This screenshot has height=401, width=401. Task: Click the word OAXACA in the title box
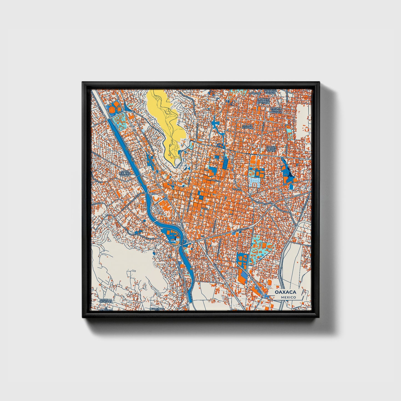[285, 292]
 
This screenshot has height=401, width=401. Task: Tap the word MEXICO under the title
[288, 297]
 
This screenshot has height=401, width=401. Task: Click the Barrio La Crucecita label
[106, 301]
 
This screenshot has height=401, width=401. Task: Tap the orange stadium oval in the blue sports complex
[112, 110]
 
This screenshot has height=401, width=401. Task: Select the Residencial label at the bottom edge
[157, 309]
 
